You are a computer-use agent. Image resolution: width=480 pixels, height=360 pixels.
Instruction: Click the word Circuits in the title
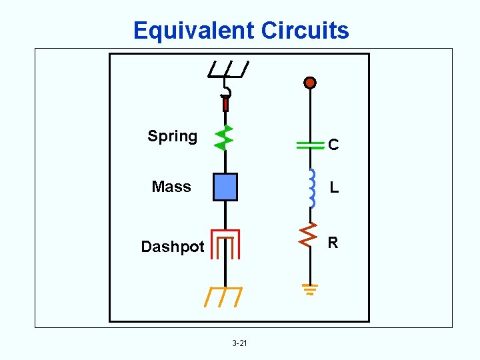pyautogui.click(x=305, y=31)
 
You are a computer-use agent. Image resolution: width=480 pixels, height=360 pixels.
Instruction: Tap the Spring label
pyautogui.click(x=173, y=136)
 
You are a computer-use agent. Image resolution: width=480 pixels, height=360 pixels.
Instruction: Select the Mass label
pyautogui.click(x=171, y=187)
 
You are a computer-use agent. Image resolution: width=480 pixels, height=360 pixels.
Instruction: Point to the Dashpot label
pyautogui.click(x=173, y=247)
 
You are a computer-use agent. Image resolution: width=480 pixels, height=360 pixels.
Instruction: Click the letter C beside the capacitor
pyautogui.click(x=333, y=145)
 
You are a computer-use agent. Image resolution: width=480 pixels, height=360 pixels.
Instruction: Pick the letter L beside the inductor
pyautogui.click(x=334, y=189)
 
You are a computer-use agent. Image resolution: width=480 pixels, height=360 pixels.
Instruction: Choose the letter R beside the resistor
pyautogui.click(x=333, y=243)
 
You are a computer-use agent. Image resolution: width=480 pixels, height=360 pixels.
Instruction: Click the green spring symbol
pyautogui.click(x=224, y=137)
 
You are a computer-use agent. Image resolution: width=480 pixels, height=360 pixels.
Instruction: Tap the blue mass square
pyautogui.click(x=225, y=187)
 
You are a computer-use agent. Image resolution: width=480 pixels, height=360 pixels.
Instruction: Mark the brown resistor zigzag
pyautogui.click(x=309, y=234)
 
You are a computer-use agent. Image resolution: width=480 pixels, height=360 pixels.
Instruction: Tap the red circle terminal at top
pyautogui.click(x=309, y=83)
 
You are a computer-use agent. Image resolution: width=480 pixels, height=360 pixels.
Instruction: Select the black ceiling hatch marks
pyautogui.click(x=228, y=68)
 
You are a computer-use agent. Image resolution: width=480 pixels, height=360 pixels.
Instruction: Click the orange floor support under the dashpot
pyautogui.click(x=224, y=296)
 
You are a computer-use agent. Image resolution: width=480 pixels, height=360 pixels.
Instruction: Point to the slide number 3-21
pyautogui.click(x=239, y=343)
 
